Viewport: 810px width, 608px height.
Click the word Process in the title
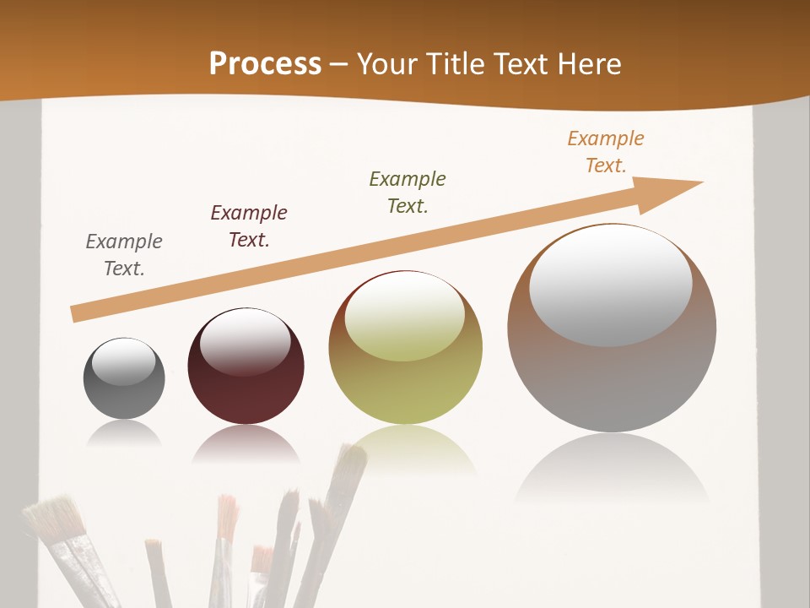(265, 64)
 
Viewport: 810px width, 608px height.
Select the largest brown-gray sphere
(612, 380)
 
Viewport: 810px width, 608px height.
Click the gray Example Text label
(124, 255)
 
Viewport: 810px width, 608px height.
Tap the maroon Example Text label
(249, 226)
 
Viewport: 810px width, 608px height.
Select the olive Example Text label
(408, 193)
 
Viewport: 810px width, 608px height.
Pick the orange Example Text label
(606, 152)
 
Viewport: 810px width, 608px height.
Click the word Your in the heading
(387, 64)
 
